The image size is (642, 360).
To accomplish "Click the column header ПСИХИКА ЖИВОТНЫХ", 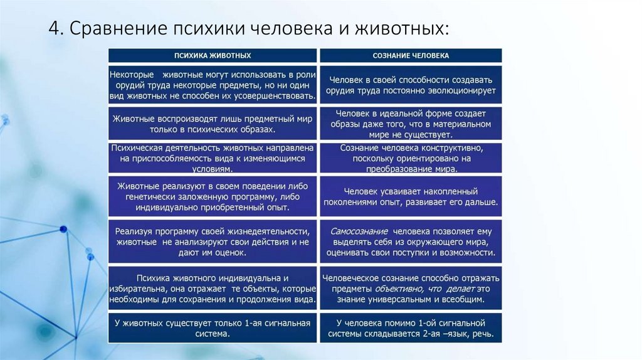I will click(213, 55).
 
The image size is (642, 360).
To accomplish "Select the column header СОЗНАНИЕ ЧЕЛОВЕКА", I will click(411, 55).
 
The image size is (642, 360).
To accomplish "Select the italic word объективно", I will click(396, 289).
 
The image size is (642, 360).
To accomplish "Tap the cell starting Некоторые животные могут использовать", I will click(213, 85).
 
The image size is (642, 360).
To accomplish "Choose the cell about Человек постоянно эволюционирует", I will click(411, 85).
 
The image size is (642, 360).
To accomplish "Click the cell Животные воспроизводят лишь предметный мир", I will click(213, 124).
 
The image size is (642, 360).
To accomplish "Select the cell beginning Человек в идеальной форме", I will click(411, 124).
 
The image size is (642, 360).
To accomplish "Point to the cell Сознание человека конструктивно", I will click(411, 158).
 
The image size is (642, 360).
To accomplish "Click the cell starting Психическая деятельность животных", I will click(213, 158).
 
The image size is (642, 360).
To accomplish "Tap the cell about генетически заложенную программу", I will click(213, 196).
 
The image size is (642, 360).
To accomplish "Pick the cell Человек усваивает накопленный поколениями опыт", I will click(411, 196).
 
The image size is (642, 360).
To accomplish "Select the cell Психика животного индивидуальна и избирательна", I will click(213, 289).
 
